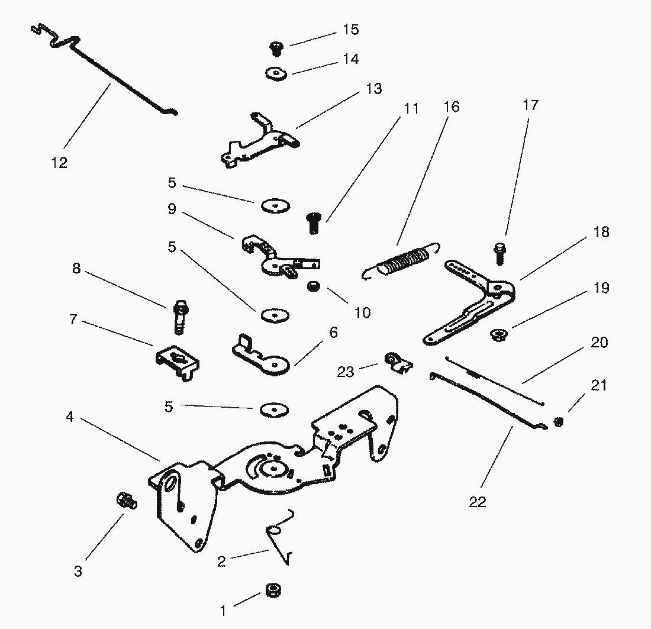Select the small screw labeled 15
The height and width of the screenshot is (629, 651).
tap(275, 47)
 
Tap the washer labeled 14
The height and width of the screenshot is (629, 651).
tap(275, 73)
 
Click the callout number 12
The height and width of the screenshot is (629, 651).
tap(60, 163)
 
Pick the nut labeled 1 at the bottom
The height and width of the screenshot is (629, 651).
tap(272, 591)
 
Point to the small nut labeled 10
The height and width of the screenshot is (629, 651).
tap(314, 288)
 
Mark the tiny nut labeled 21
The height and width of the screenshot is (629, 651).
tap(558, 422)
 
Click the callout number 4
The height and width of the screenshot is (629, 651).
tap(70, 417)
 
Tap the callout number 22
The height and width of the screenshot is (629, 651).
tap(478, 502)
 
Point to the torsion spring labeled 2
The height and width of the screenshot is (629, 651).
tap(280, 536)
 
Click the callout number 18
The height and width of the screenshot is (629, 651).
tap(601, 232)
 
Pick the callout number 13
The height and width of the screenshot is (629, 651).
tap(374, 89)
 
